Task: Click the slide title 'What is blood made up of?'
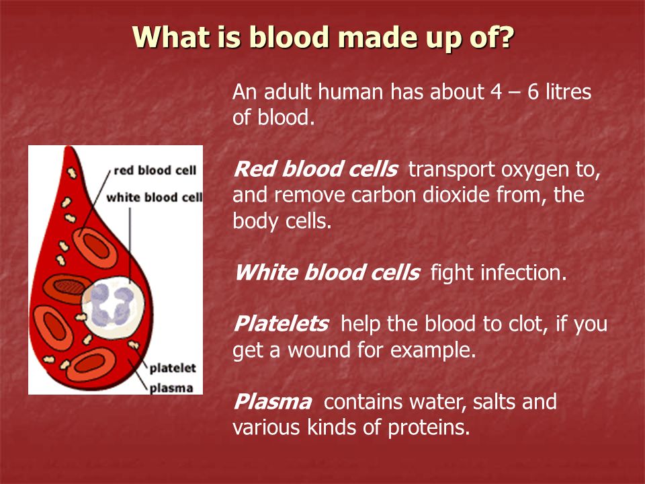[x=323, y=37]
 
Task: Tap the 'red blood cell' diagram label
[x=155, y=170]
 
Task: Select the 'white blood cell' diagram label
[x=155, y=198]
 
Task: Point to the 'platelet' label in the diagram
[x=173, y=368]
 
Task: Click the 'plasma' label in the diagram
[x=171, y=388]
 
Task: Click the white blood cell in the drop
[x=113, y=307]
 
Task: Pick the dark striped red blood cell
[x=67, y=288]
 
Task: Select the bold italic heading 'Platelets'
[x=281, y=323]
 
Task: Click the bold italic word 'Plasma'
[x=272, y=402]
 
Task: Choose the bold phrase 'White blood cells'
[x=327, y=272]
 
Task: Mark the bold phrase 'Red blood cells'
[x=315, y=169]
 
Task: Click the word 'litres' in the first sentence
[x=568, y=91]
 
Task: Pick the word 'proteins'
[x=429, y=428]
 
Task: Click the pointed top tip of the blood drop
[x=71, y=147]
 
